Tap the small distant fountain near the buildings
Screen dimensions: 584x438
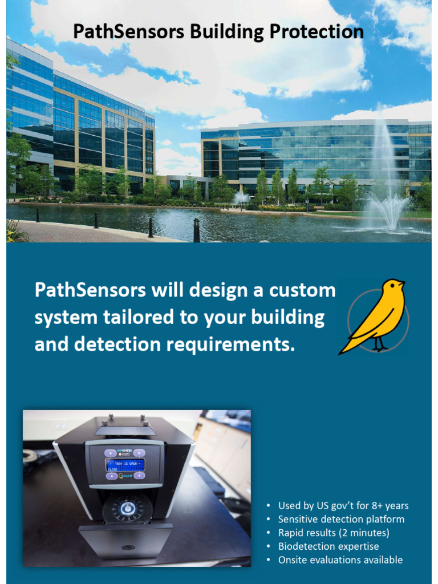click(x=240, y=197)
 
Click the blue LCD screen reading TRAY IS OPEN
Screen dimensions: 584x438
click(x=125, y=465)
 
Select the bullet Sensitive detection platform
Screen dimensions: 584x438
click(x=341, y=520)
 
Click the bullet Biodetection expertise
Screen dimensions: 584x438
click(x=328, y=546)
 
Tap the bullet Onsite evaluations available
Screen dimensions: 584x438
click(x=340, y=560)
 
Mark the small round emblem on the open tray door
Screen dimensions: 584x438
click(x=127, y=547)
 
